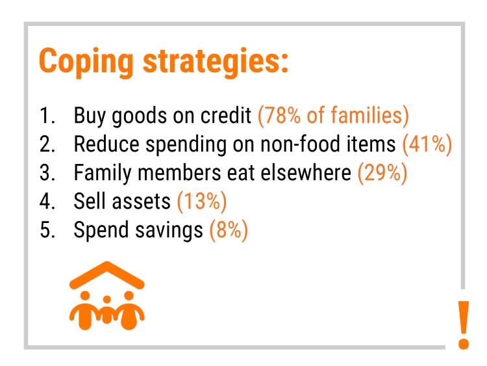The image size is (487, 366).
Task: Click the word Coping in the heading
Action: (86, 62)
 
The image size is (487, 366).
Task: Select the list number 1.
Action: (47, 116)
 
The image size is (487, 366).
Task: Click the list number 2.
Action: (47, 144)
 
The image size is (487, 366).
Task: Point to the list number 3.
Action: (47, 173)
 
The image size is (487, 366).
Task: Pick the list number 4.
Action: (47, 202)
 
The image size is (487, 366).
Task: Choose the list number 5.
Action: (47, 230)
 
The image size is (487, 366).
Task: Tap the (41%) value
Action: (427, 144)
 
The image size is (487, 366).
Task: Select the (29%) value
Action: (382, 173)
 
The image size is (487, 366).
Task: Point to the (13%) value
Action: (202, 202)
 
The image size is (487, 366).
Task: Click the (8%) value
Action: (229, 230)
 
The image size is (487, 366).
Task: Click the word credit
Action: (226, 115)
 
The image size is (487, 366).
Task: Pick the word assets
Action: (142, 202)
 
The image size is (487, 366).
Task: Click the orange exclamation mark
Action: (464, 324)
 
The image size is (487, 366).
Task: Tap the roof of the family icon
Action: (107, 275)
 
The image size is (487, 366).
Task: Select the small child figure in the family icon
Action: (107, 310)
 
